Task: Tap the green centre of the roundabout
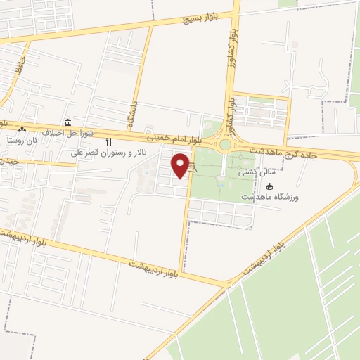tap(225, 145)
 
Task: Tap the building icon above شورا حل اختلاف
tap(67, 122)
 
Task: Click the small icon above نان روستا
tap(22, 130)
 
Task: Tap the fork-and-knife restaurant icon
tap(108, 141)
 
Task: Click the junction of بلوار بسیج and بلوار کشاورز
tap(237, 13)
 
